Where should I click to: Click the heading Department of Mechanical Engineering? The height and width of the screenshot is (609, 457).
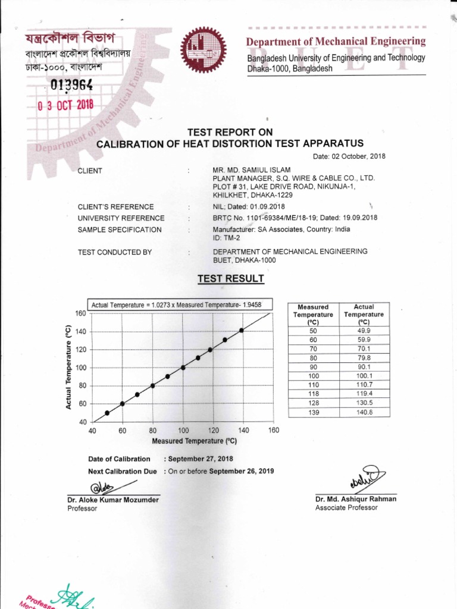pos(336,42)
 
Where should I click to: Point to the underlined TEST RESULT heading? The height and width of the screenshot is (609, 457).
pos(230,278)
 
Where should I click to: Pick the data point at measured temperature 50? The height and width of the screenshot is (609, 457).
pos(107,413)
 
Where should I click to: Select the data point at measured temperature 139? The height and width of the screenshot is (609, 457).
pos(241,330)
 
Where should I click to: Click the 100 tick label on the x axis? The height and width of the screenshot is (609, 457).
pos(183,431)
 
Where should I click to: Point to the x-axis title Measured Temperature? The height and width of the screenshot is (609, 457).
pos(195,441)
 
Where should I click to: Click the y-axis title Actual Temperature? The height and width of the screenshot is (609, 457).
pos(69,367)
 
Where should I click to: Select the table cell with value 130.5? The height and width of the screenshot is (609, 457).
pos(362,403)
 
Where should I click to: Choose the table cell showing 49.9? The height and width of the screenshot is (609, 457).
pos(362,331)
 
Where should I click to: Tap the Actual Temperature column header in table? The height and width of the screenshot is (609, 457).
pos(362,314)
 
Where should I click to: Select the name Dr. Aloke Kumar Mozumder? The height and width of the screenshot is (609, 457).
pos(113,500)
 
